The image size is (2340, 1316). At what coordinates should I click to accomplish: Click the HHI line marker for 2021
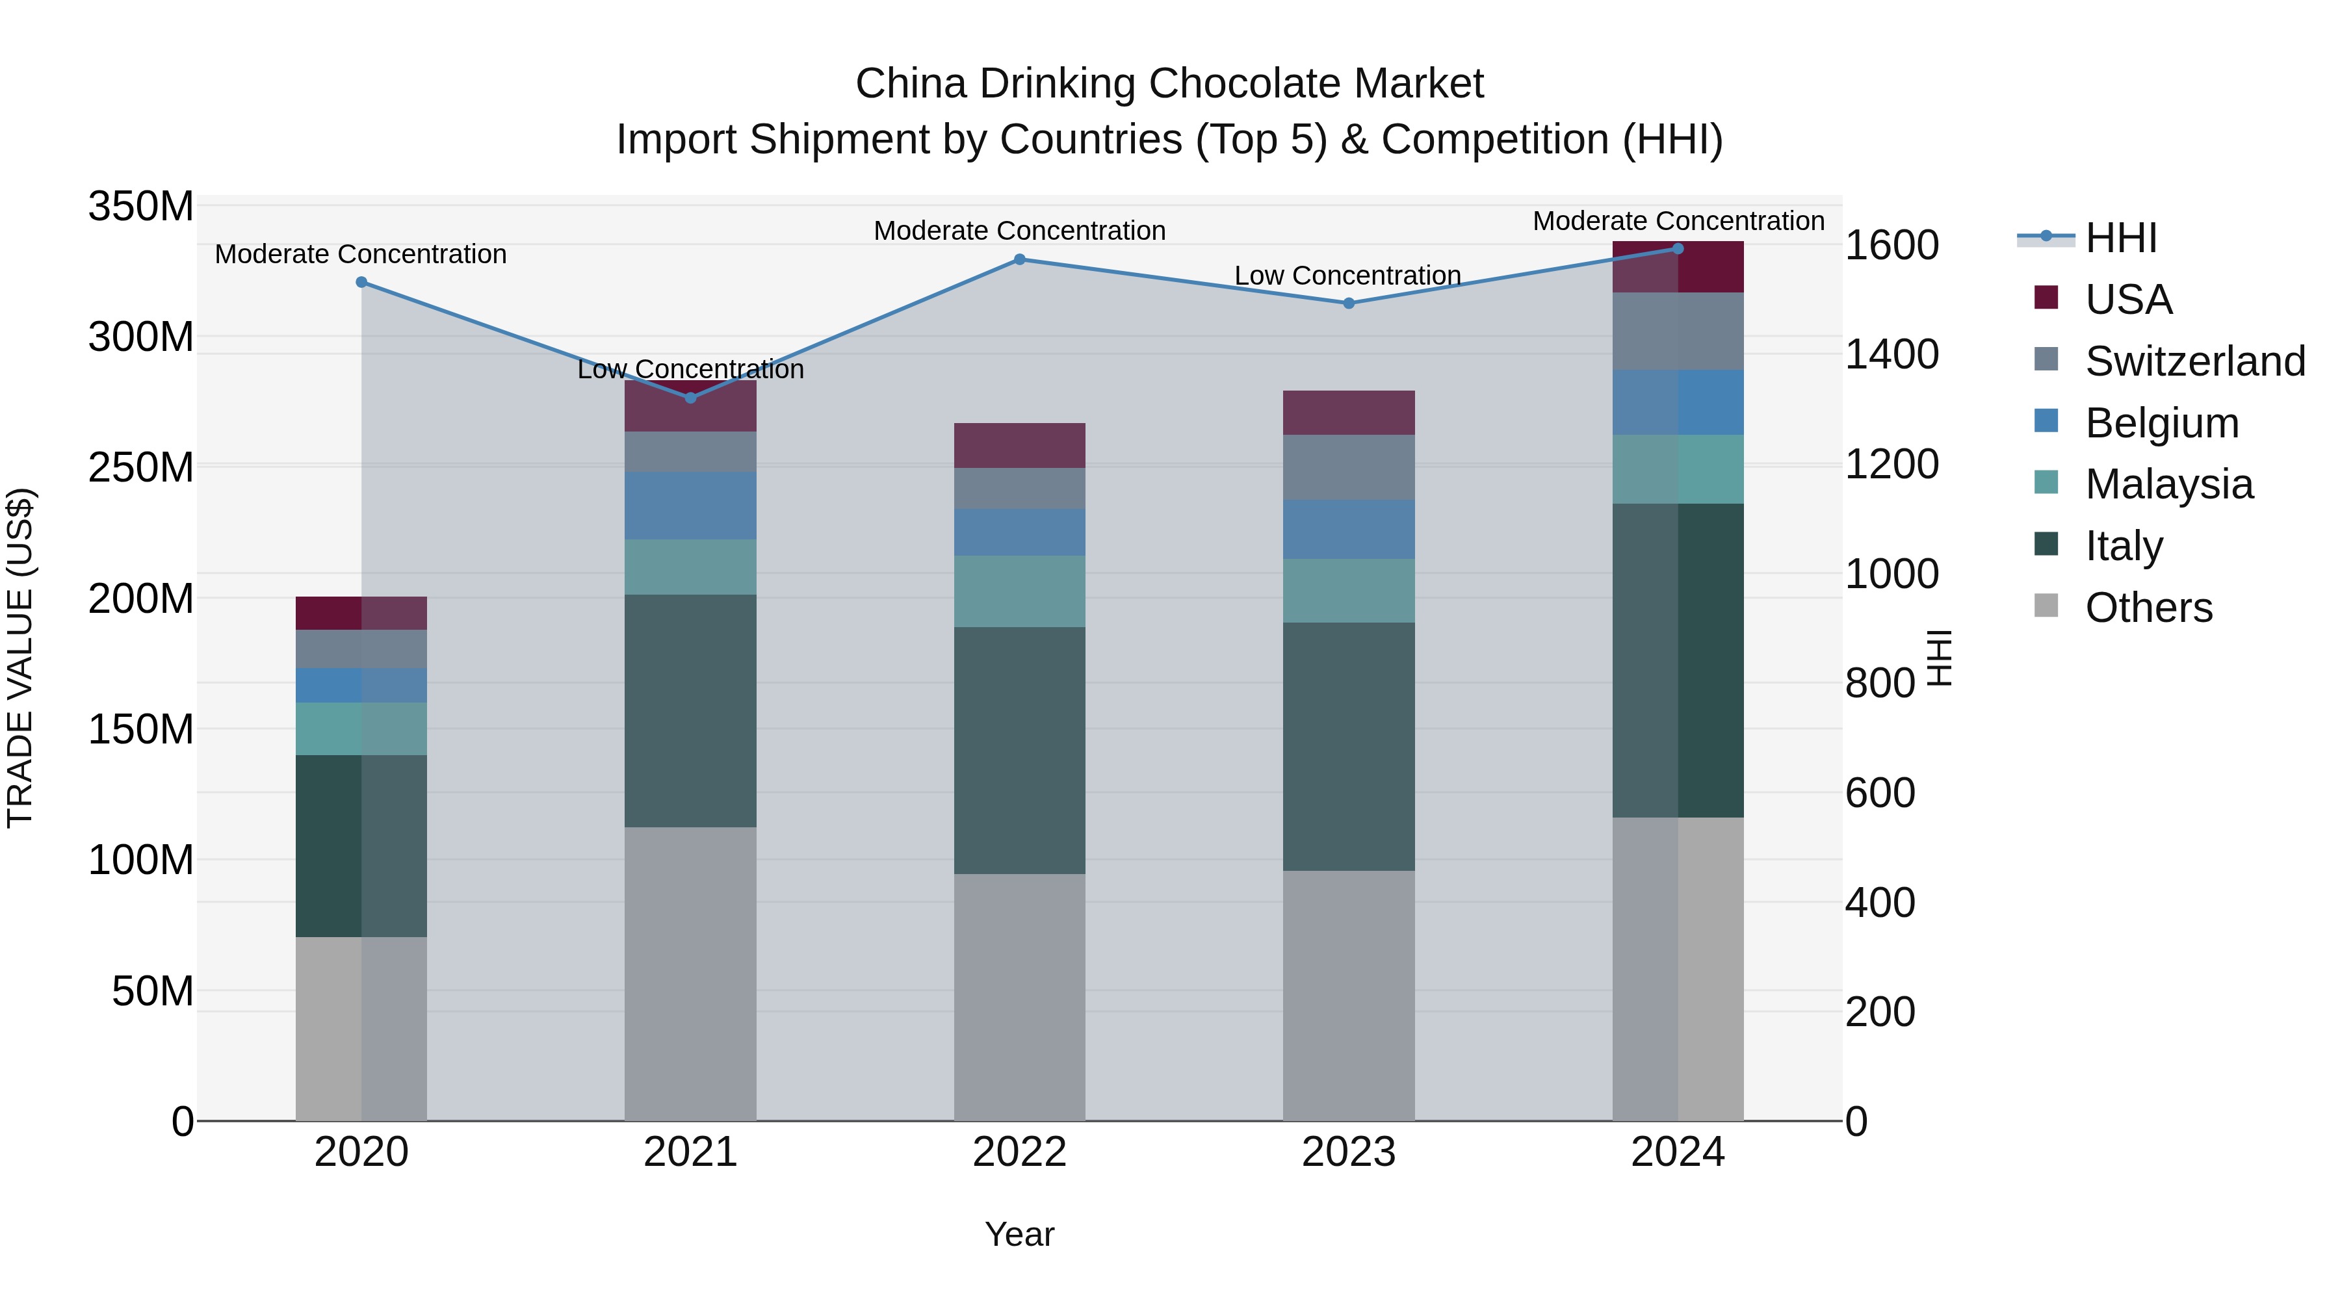(690, 398)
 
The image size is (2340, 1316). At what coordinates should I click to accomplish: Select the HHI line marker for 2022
(1019, 260)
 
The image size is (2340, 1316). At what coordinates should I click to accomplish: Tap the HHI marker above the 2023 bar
(1348, 303)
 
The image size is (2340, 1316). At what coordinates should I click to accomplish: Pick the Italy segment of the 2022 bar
(1019, 750)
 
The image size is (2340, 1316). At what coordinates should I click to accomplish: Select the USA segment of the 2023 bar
(1348, 413)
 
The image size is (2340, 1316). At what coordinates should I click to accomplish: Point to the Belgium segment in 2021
(690, 506)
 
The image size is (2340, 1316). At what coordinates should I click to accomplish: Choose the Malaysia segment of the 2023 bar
(1348, 590)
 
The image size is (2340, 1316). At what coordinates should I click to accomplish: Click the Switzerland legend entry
(2194, 361)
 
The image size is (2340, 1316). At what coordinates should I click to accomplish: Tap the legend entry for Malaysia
(2168, 484)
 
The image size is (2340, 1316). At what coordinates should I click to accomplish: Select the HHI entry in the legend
(2120, 238)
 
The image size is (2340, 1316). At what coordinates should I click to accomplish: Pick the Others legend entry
(2148, 608)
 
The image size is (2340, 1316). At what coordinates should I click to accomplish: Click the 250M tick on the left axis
(141, 468)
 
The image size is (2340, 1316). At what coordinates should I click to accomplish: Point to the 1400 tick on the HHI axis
(1891, 354)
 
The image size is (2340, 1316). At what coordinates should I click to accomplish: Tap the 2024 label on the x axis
(1677, 1152)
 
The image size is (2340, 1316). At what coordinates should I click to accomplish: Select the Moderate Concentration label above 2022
(1019, 231)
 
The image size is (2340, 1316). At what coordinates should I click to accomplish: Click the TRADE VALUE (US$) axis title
(20, 658)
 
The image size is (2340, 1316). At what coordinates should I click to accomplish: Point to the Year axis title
(1019, 1234)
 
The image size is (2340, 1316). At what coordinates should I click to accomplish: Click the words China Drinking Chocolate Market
(1169, 84)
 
